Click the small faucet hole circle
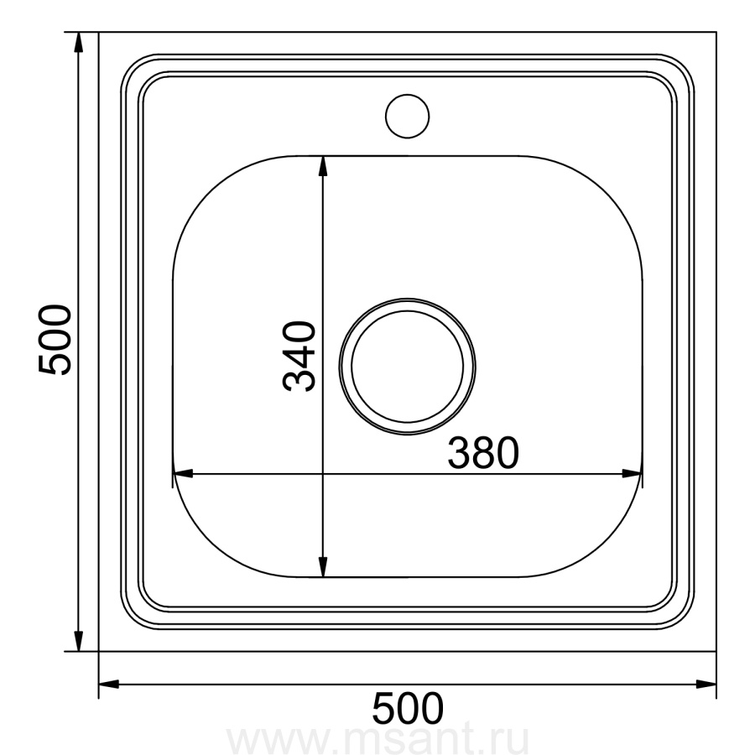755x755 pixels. (407, 95)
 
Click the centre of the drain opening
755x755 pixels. (408, 367)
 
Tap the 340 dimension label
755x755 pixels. (299, 356)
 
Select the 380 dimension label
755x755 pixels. (483, 453)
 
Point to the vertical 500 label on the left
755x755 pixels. (55, 339)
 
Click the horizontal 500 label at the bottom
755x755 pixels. (408, 708)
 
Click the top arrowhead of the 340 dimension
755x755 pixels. (323, 165)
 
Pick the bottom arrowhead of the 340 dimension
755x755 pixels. (323, 567)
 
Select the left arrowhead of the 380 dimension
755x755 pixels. (183, 473)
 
